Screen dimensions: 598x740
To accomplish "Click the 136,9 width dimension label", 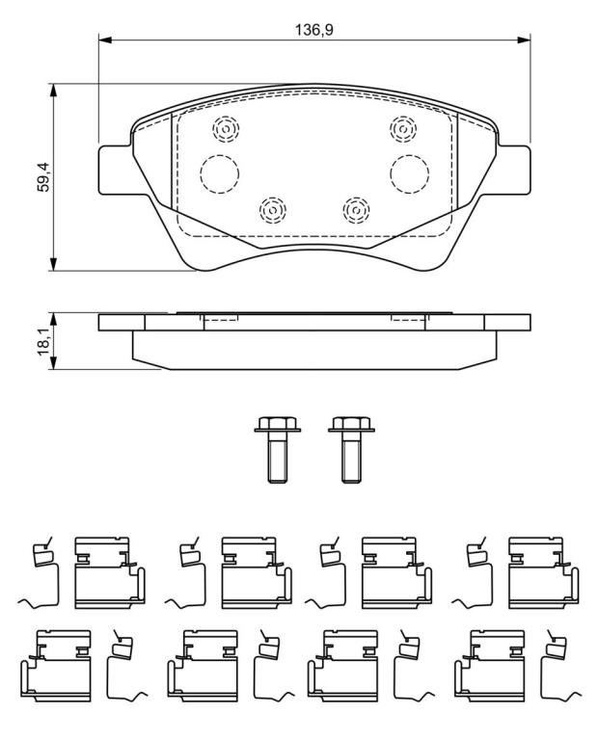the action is pyautogui.click(x=314, y=30).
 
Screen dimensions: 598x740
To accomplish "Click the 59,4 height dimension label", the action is pyautogui.click(x=43, y=177).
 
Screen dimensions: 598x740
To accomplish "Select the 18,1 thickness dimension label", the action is pyautogui.click(x=43, y=340).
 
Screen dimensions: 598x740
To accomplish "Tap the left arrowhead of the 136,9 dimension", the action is pyautogui.click(x=105, y=40).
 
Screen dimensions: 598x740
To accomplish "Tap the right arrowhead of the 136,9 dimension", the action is pyautogui.click(x=524, y=40).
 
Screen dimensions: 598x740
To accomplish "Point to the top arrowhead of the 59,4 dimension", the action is pyautogui.click(x=54, y=91).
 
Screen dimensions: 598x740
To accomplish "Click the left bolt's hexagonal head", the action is pyautogui.click(x=277, y=423).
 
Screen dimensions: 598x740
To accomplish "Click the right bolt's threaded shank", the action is pyautogui.click(x=351, y=458).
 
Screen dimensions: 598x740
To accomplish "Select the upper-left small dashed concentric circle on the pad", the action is pyautogui.click(x=226, y=129).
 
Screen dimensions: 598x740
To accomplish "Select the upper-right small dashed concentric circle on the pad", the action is pyautogui.click(x=403, y=128).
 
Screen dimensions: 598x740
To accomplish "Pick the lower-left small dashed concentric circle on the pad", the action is pyautogui.click(x=273, y=209).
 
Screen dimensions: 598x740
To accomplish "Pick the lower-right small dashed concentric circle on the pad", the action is pyautogui.click(x=356, y=209).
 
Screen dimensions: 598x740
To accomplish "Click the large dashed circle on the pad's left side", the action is pyautogui.click(x=219, y=173).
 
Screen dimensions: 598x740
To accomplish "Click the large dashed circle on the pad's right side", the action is pyautogui.click(x=410, y=173).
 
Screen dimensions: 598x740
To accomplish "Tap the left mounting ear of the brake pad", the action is pyautogui.click(x=115, y=170).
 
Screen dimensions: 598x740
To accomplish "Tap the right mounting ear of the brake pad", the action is pyautogui.click(x=514, y=170).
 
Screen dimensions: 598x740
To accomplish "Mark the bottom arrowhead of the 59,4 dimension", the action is pyautogui.click(x=54, y=264).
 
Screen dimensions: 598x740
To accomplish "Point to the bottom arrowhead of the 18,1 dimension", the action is pyautogui.click(x=54, y=363).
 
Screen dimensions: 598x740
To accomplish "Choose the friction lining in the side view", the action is pyautogui.click(x=314, y=350).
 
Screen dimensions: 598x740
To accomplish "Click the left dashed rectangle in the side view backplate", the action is pyautogui.click(x=221, y=316).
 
